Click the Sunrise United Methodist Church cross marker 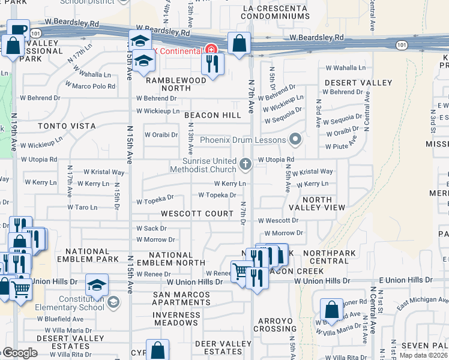245,164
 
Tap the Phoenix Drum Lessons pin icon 295,140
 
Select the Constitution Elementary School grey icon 113,302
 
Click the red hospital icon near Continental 210,50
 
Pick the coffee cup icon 18,29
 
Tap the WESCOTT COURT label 197,214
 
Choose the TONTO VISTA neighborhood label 67,126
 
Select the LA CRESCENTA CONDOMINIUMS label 275,12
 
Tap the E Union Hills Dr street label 405,280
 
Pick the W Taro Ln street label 82,208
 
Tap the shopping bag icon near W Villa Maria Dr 331,310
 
